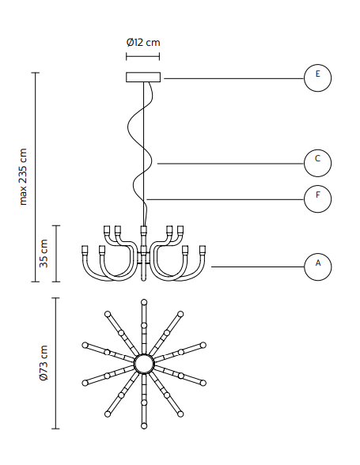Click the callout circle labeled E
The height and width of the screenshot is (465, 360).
317,78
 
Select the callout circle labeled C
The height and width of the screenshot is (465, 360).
317,163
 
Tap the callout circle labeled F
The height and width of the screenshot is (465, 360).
317,198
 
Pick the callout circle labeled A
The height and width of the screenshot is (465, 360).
317,267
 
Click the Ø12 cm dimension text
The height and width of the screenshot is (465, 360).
143,43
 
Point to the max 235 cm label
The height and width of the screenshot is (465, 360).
23,177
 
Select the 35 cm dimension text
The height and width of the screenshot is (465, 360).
44,253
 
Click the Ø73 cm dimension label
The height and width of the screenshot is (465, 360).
44,363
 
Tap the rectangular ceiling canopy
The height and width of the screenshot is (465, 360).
143,77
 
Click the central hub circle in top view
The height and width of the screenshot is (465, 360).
144,364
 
